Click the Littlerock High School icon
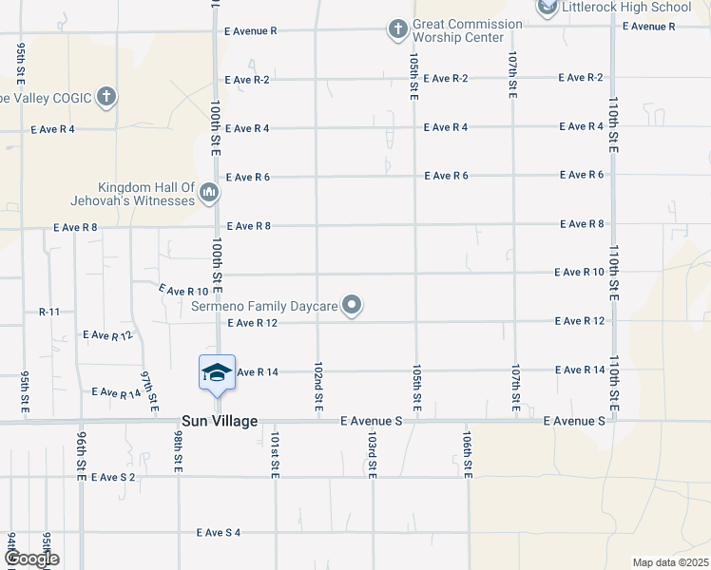pos(547,9)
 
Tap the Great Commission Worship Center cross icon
pos(397,29)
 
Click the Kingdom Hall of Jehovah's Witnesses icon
pos(209,195)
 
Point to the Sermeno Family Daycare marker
pos(353,305)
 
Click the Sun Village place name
pos(219,421)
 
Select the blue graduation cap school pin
pos(217,371)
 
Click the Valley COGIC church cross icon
pos(106,96)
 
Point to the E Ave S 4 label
pos(218,533)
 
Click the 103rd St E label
pos(372,456)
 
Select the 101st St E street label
pos(275,456)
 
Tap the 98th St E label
pos(178,449)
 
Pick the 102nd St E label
pos(318,388)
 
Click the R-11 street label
pos(49,312)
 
